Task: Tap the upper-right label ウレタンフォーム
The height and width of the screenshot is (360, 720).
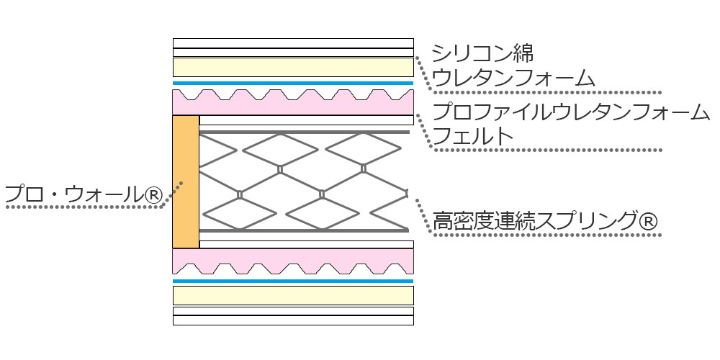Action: pyautogui.click(x=513, y=76)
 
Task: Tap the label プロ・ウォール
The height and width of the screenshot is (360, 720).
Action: pyautogui.click(x=73, y=193)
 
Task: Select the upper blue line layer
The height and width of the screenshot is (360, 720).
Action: pyautogui.click(x=293, y=84)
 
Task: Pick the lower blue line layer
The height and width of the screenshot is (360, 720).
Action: pyautogui.click(x=293, y=281)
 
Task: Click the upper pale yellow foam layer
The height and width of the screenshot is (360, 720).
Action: pyautogui.click(x=293, y=68)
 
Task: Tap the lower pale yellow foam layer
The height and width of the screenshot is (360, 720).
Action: pyautogui.click(x=293, y=295)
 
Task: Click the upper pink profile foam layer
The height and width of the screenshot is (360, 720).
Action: pyautogui.click(x=293, y=107)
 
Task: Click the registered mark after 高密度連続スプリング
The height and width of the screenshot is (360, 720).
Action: pyautogui.click(x=647, y=221)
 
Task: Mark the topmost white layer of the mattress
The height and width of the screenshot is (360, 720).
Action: pyautogui.click(x=293, y=42)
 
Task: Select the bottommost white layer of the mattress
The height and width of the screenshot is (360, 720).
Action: pyautogui.click(x=293, y=320)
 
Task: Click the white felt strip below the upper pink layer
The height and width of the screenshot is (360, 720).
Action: pyautogui.click(x=306, y=120)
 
